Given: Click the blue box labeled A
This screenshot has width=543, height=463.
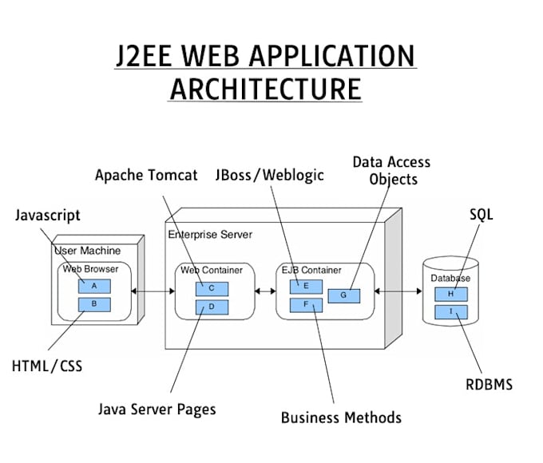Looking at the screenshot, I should coord(94,286).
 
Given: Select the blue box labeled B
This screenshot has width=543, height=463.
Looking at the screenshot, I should coord(94,304).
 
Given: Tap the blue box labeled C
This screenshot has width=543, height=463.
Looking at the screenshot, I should coord(212,288).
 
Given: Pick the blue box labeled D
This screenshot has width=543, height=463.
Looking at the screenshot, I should coord(212,307).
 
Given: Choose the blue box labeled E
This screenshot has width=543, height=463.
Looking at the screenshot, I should coord(306,286).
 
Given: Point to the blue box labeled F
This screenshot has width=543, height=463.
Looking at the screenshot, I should coord(306,304).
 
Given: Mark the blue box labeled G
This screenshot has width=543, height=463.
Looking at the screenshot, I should coord(343,295).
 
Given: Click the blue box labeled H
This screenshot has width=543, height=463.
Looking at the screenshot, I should coord(451,295).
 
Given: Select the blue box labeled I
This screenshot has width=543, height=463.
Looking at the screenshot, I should coord(451,311).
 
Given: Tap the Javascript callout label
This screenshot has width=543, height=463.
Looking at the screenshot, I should coord(48,216).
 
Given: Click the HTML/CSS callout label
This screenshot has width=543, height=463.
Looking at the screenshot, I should coord(47,366).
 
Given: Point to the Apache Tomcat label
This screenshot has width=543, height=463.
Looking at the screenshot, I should coord(146,175).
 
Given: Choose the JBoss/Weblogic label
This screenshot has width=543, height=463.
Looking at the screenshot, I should coord(270,175).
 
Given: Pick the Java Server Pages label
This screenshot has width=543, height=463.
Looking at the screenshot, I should coord(157,410).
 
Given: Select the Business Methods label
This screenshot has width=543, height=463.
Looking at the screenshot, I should coord(341,417).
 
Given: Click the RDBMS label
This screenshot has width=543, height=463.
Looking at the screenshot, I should coord(489,385).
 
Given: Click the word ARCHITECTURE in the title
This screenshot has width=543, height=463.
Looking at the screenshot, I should coord(266,88).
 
